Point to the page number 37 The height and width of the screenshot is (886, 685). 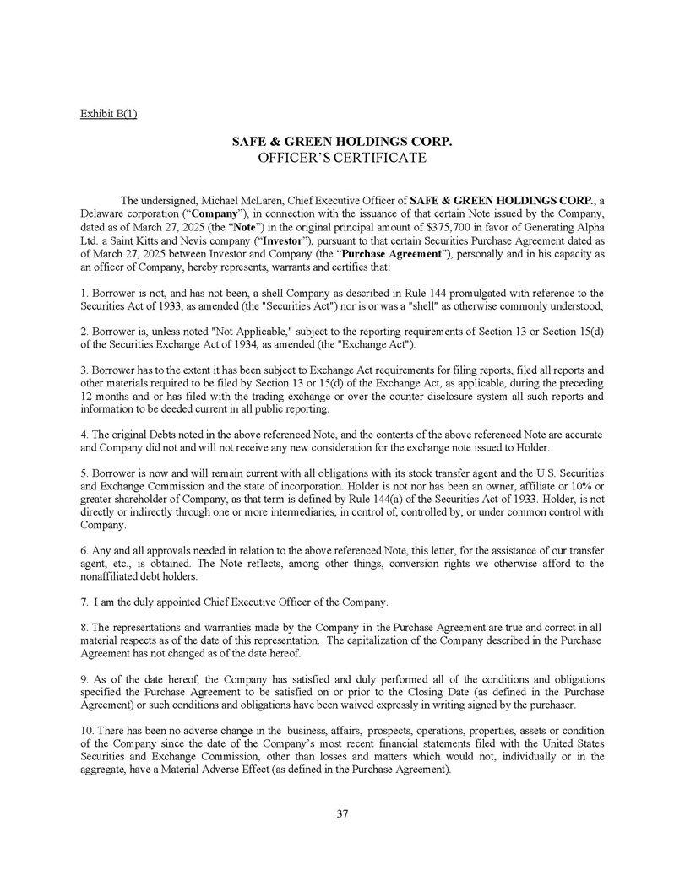342,813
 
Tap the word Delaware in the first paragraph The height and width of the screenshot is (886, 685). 104,214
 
